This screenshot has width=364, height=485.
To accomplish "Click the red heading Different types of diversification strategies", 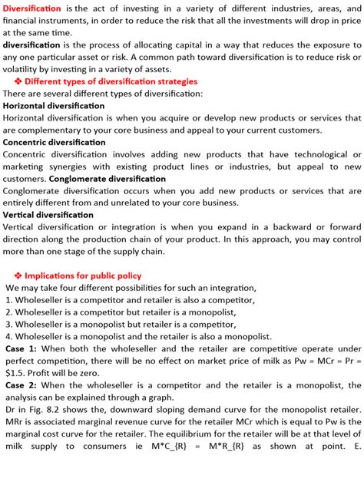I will pos(111,81).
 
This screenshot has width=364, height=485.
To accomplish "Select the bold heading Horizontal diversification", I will pos(54,106).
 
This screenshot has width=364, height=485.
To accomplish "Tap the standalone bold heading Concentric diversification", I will pos(54,142).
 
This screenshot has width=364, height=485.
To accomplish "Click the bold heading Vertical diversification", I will pos(48,215).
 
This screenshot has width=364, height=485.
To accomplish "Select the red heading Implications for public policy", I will pos(83,275).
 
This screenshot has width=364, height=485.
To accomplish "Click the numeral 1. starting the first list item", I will pos(8,300).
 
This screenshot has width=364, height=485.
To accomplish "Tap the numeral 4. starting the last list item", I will pos(8,336).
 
